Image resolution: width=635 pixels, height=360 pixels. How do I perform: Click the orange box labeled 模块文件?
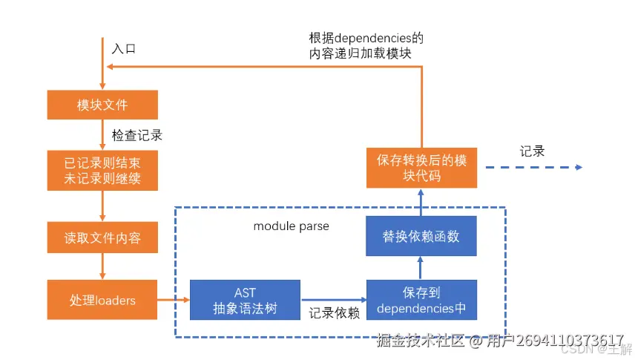point(102,105)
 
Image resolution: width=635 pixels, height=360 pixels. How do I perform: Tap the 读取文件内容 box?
point(102,238)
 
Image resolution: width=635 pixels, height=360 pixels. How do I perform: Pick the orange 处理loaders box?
point(102,300)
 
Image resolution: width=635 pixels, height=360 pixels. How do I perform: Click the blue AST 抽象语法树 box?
point(245,300)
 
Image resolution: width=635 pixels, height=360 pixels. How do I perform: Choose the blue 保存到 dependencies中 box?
point(421,300)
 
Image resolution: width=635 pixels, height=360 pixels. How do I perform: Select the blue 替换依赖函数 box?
point(421,236)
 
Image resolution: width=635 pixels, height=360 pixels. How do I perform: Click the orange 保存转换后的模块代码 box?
point(421,168)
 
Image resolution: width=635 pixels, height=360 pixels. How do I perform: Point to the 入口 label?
point(124,49)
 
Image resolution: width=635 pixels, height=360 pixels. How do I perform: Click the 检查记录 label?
point(137,136)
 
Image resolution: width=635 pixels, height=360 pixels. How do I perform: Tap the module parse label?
point(292,225)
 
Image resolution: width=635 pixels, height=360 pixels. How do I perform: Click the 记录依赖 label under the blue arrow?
point(334,313)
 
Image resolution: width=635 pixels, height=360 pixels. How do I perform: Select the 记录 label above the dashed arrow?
point(532,151)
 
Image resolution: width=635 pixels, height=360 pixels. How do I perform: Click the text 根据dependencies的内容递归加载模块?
point(366,45)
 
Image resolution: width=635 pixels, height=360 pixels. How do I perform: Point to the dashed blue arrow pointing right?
point(534,168)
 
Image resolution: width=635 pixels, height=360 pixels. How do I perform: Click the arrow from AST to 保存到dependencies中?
point(333,300)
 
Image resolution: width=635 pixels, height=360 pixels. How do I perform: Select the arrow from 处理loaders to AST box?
point(174,300)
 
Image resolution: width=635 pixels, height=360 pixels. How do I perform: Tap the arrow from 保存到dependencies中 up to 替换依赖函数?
point(421,267)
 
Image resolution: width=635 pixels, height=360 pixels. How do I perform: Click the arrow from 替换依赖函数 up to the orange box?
point(421,202)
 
